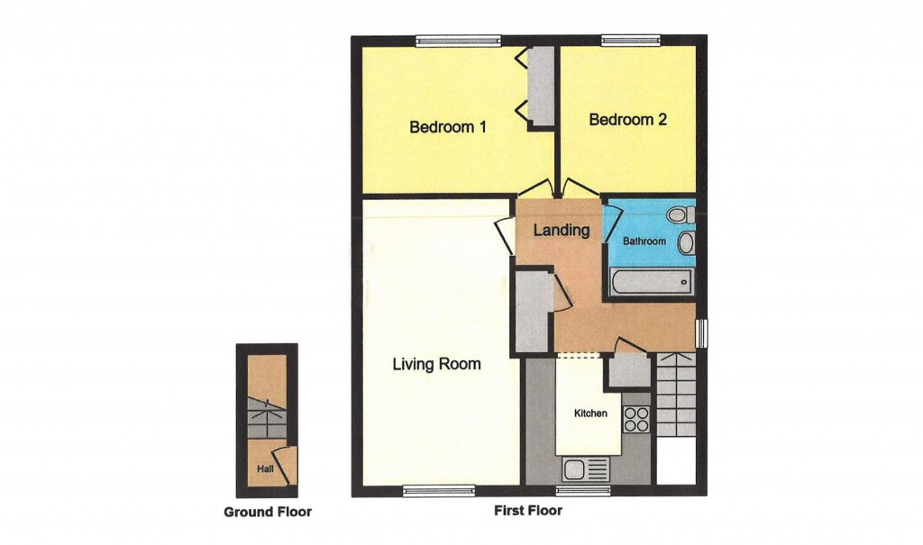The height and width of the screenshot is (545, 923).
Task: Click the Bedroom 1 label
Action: [x=448, y=127]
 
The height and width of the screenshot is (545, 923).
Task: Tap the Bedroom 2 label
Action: [x=627, y=120]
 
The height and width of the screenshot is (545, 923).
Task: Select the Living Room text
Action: [x=436, y=365]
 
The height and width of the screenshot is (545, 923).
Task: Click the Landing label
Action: [x=561, y=231]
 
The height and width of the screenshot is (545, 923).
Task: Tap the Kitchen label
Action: [x=591, y=413]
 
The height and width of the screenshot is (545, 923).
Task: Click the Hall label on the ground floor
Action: [x=264, y=469]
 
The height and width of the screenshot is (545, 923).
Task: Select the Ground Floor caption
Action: [x=267, y=513]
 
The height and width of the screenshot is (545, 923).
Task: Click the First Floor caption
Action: [x=528, y=511]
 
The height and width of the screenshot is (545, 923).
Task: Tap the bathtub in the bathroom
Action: [x=650, y=282]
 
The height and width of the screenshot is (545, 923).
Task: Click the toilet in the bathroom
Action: [x=682, y=214]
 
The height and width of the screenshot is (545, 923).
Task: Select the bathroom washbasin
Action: [x=685, y=243]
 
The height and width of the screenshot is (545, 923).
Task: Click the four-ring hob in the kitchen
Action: [x=635, y=420]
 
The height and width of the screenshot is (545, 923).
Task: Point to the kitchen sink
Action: [x=585, y=468]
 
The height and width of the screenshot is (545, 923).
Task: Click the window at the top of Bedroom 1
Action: [x=458, y=40]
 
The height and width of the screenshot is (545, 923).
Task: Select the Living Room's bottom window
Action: [x=438, y=491]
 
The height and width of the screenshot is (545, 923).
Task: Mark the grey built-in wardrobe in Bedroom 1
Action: [x=541, y=86]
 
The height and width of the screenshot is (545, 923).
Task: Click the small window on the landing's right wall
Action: [x=703, y=332]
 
